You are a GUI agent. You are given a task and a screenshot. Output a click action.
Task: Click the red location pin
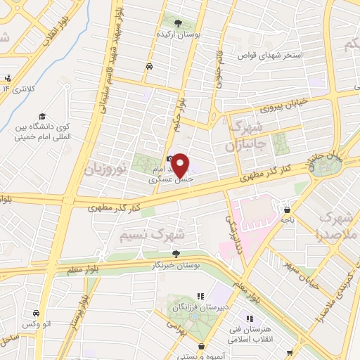[181, 165]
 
